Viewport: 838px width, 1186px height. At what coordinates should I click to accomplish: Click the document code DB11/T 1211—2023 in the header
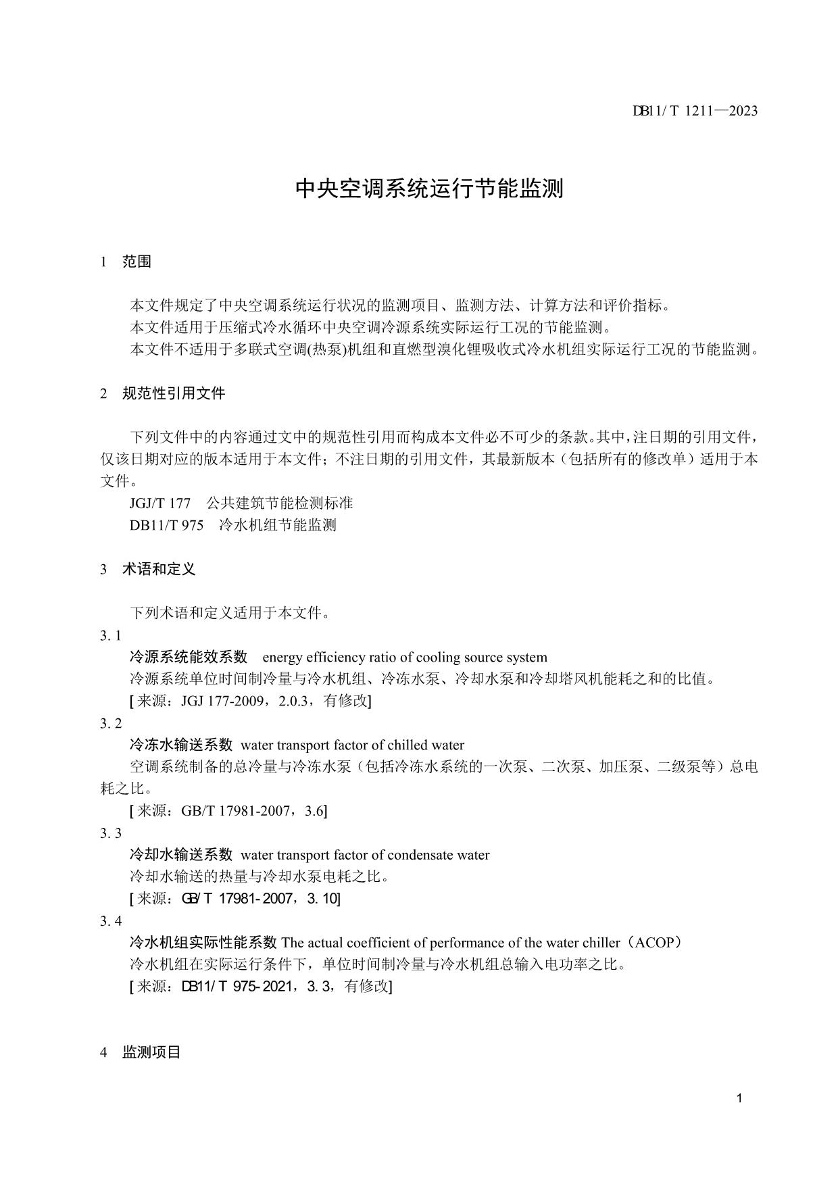pyautogui.click(x=695, y=111)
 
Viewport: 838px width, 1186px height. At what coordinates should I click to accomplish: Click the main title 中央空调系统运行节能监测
pyautogui.click(x=430, y=189)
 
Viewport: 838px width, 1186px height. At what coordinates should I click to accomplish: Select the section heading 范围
pyautogui.click(x=137, y=262)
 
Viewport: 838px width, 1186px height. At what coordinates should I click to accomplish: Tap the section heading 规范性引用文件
pyautogui.click(x=174, y=393)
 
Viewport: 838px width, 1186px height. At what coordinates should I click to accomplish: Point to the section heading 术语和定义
pyautogui.click(x=159, y=569)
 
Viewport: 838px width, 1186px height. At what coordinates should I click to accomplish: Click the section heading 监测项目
pyautogui.click(x=151, y=1052)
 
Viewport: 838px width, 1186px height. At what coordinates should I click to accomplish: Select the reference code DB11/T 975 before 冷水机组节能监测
pyautogui.click(x=166, y=525)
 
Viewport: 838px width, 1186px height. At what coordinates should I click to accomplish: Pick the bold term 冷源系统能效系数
pyautogui.click(x=189, y=657)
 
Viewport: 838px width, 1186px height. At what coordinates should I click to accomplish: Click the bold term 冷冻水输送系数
pyautogui.click(x=181, y=745)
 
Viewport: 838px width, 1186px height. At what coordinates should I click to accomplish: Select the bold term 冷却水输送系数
pyautogui.click(x=181, y=855)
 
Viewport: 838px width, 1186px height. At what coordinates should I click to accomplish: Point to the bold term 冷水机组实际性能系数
pyautogui.click(x=203, y=943)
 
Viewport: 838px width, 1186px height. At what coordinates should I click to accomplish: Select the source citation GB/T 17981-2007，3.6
pyautogui.click(x=253, y=811)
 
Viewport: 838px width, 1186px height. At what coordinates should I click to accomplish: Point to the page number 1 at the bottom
pyautogui.click(x=739, y=1098)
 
